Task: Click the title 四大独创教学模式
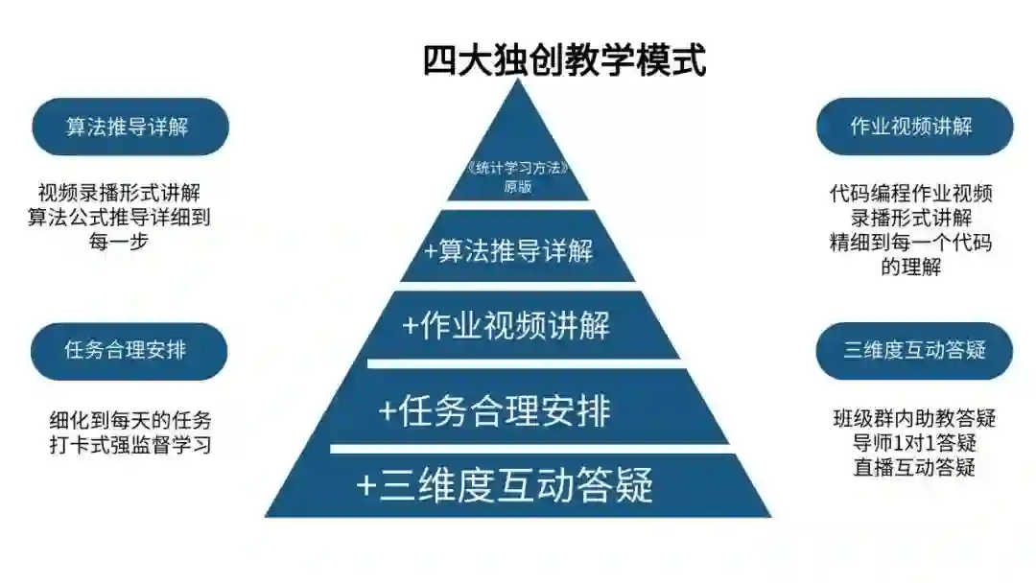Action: pos(565,59)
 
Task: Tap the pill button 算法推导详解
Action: pos(129,127)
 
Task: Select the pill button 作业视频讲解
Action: pos(913,127)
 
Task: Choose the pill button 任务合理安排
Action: pos(128,351)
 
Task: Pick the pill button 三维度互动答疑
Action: pos(914,350)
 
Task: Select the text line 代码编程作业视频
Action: pos(911,195)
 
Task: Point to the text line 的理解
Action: pos(911,267)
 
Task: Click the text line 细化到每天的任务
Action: pos(130,421)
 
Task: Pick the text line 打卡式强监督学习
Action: pos(130,445)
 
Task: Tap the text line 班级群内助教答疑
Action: pos(914,419)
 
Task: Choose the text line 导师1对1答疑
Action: pos(914,443)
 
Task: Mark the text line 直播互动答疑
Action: pos(914,468)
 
